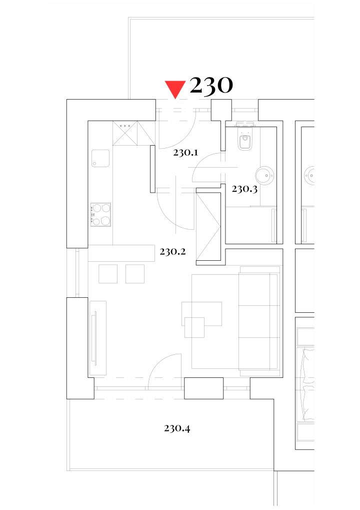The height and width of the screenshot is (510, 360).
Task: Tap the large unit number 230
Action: point(211,86)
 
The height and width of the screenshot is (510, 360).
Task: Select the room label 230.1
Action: point(185,153)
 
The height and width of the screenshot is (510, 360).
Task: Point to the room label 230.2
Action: point(172,251)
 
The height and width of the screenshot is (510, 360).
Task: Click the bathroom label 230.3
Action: point(244,189)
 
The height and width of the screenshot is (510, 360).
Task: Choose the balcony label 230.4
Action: point(177,428)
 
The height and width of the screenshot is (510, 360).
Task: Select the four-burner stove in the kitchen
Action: point(100,215)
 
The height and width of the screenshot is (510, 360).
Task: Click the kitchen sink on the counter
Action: point(100,158)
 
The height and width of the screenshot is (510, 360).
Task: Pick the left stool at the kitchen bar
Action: point(108,274)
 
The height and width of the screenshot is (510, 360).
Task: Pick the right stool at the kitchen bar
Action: point(135,274)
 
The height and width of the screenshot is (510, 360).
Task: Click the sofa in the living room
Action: point(259,321)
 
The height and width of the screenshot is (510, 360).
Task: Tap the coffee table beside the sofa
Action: point(202,314)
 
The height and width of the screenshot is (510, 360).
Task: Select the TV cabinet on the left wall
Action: point(97,338)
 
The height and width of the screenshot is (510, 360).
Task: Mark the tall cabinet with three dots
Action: point(125,133)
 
